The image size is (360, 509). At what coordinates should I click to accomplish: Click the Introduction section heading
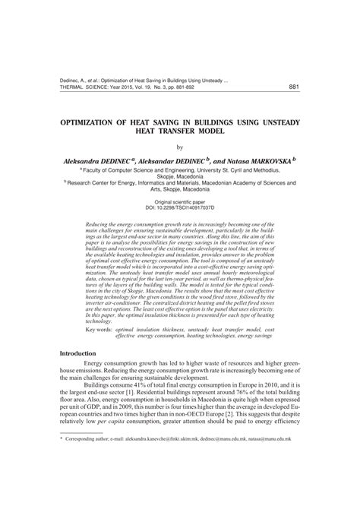coord(78,353)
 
